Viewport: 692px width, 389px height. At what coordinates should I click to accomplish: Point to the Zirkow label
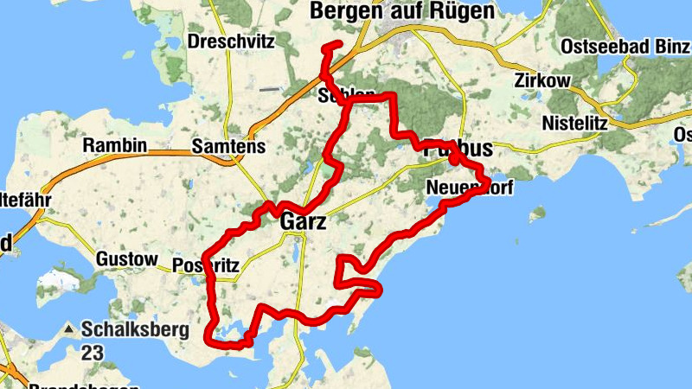[x=541, y=80]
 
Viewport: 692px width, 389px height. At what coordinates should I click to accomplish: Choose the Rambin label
[x=114, y=145]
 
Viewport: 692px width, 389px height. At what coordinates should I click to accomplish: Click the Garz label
[x=304, y=222]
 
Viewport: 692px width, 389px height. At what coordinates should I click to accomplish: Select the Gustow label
[x=126, y=258]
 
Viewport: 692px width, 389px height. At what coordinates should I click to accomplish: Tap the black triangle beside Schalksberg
[x=67, y=330]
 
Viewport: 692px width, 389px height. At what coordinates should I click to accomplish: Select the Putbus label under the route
[x=458, y=149]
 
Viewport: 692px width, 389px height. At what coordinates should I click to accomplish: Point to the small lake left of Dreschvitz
[x=172, y=41]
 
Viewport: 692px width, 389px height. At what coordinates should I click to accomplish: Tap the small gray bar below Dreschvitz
[x=270, y=88]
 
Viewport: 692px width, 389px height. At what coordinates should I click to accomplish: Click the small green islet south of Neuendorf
[x=538, y=212]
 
